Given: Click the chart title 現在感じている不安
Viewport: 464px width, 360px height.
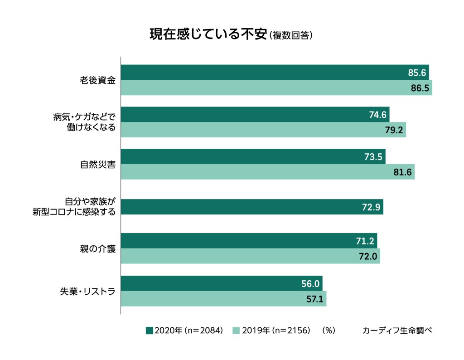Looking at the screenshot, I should pos(208,35).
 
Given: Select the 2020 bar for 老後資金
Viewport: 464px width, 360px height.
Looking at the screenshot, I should pos(275,73).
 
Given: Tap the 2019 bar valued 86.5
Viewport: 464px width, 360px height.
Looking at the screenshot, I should pos(276,88).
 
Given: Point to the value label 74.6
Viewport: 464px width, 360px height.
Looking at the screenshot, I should pos(377,115).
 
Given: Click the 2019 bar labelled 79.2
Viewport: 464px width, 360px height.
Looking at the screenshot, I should pos(263,130).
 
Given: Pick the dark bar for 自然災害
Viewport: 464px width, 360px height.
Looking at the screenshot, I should pos(253,156).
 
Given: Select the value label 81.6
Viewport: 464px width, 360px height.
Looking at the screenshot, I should pos(402,172).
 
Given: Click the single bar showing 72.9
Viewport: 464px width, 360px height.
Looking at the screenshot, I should pos(252,207).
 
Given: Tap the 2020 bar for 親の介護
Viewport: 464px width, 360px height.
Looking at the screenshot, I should pos(249,241).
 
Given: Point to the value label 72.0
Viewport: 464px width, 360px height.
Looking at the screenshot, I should pos(368,256).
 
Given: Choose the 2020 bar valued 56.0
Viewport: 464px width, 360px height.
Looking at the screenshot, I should pos(222,283).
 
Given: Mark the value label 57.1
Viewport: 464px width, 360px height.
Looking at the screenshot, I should pos(314,299).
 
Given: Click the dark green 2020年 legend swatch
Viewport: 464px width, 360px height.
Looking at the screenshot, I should pos(150,331).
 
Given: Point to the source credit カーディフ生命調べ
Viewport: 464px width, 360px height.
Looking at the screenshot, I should pos(397,331).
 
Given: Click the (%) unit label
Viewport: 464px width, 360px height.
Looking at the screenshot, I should pos(328,331).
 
